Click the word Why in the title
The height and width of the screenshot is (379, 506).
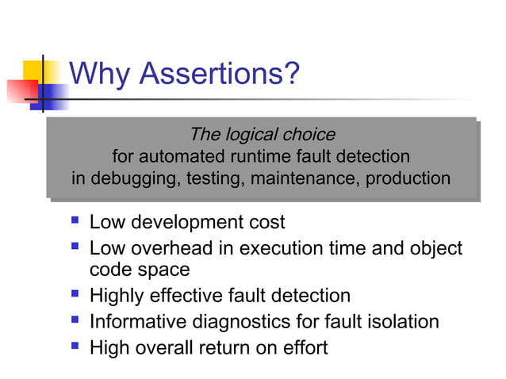pyautogui.click(x=100, y=75)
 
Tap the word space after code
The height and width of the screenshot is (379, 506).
pyautogui.click(x=163, y=270)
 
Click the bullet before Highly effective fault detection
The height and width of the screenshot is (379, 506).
pyautogui.click(x=75, y=296)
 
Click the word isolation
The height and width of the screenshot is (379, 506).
pyautogui.click(x=399, y=321)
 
